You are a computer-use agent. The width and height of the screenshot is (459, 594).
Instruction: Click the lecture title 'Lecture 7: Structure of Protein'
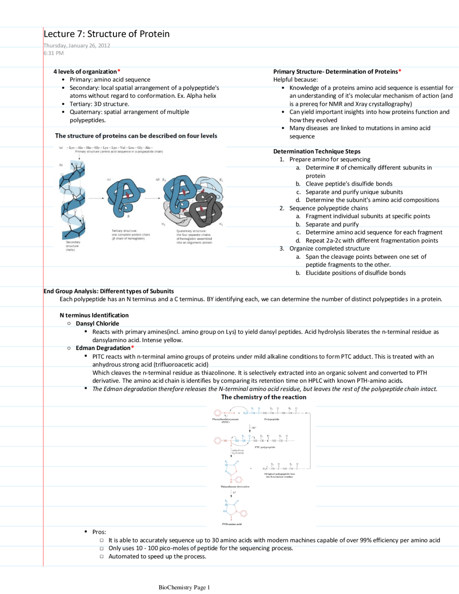click(x=107, y=34)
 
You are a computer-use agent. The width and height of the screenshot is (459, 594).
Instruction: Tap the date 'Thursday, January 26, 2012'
click(x=77, y=45)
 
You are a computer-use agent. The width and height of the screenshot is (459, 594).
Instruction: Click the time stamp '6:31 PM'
click(x=53, y=53)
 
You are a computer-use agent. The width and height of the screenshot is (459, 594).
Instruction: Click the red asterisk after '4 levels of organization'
click(x=119, y=71)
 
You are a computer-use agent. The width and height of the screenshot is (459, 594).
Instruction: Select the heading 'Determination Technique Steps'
click(x=317, y=151)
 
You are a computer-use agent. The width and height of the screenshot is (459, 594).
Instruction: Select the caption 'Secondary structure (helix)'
click(x=72, y=246)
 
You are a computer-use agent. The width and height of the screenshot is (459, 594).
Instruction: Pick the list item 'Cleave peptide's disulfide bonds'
click(x=349, y=184)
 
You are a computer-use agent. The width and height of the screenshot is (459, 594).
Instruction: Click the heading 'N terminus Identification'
click(x=94, y=315)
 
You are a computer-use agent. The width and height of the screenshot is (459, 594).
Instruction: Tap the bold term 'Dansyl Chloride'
click(x=97, y=324)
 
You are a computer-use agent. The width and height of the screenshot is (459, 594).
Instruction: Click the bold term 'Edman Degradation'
click(x=103, y=348)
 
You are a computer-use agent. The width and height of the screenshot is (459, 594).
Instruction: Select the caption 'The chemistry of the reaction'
click(x=264, y=397)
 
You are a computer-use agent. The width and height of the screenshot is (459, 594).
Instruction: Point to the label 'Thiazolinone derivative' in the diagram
click(x=235, y=487)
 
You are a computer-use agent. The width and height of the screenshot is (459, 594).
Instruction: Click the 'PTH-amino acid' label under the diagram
click(x=232, y=524)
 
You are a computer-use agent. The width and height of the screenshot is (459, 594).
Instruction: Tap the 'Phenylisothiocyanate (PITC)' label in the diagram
click(x=225, y=420)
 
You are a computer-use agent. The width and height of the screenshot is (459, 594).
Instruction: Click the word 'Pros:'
click(x=99, y=532)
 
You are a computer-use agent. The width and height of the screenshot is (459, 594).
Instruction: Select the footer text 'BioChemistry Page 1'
click(x=184, y=587)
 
